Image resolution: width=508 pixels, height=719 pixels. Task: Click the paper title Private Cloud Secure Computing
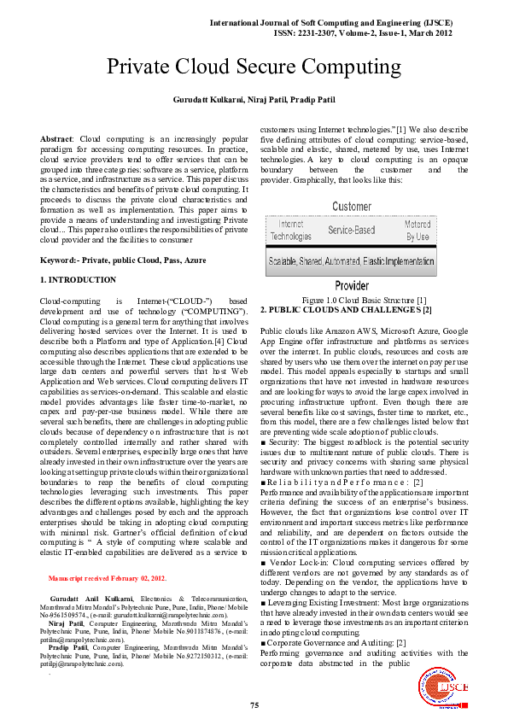[x=254, y=67]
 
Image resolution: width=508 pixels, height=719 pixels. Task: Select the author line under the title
[x=254, y=101]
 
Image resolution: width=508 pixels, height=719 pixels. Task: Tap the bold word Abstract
[x=57, y=137]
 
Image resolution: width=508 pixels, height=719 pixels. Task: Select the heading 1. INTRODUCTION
[x=79, y=280]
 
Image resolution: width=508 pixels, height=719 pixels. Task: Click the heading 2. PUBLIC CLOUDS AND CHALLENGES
[x=346, y=308]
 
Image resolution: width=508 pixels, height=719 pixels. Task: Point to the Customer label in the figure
[x=351, y=207]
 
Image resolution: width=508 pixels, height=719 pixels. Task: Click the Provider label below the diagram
[x=351, y=285]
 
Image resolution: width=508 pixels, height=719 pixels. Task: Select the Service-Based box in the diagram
[x=351, y=231]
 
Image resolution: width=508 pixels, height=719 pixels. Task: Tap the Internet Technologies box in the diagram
[x=291, y=231]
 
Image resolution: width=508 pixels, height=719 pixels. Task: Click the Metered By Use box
[x=417, y=231]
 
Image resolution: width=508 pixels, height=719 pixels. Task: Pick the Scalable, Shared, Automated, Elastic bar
[x=351, y=261]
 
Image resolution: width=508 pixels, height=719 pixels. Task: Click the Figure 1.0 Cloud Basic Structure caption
[x=352, y=299]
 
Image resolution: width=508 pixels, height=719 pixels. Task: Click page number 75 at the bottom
[x=254, y=704]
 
